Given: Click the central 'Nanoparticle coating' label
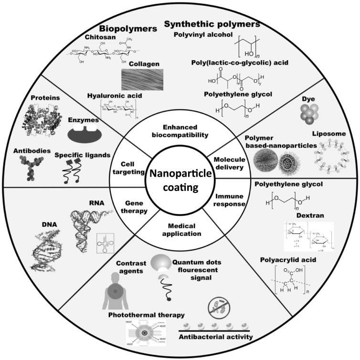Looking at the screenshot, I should (x=180, y=180).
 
